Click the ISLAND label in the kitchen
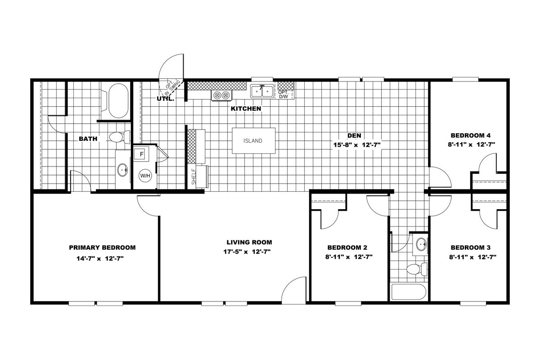coord(252,141)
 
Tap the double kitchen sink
coord(262,91)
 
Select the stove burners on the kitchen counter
coord(221,95)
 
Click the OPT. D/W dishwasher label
coord(283,94)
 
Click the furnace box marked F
coord(141,154)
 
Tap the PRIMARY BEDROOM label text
coord(102,247)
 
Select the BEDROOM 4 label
coord(470,135)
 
